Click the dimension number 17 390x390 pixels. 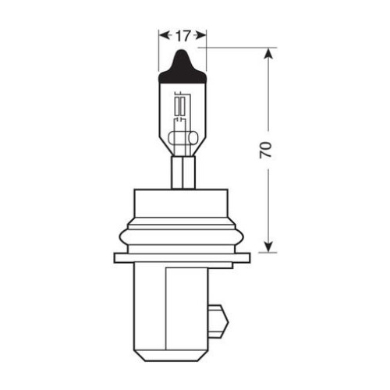pos(183,36)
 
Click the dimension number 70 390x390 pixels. pos(266,150)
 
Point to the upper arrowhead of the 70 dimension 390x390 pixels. pos(268,54)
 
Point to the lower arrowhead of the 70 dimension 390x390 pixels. pos(268,246)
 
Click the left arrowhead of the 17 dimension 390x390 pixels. pos(164,35)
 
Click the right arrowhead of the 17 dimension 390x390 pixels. pos(201,35)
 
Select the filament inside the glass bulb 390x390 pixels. pos(180,107)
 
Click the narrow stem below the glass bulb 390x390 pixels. pos(183,172)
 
